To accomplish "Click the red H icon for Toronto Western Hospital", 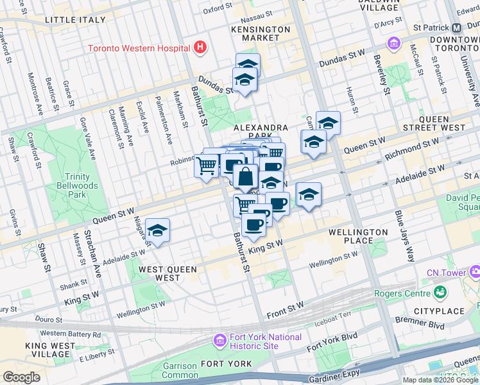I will (200, 47).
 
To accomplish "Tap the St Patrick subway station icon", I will (457, 28).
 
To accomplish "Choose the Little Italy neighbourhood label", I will (74, 21).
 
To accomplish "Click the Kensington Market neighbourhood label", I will (261, 33).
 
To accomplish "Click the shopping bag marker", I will (246, 176).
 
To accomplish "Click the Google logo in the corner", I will (21, 377).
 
